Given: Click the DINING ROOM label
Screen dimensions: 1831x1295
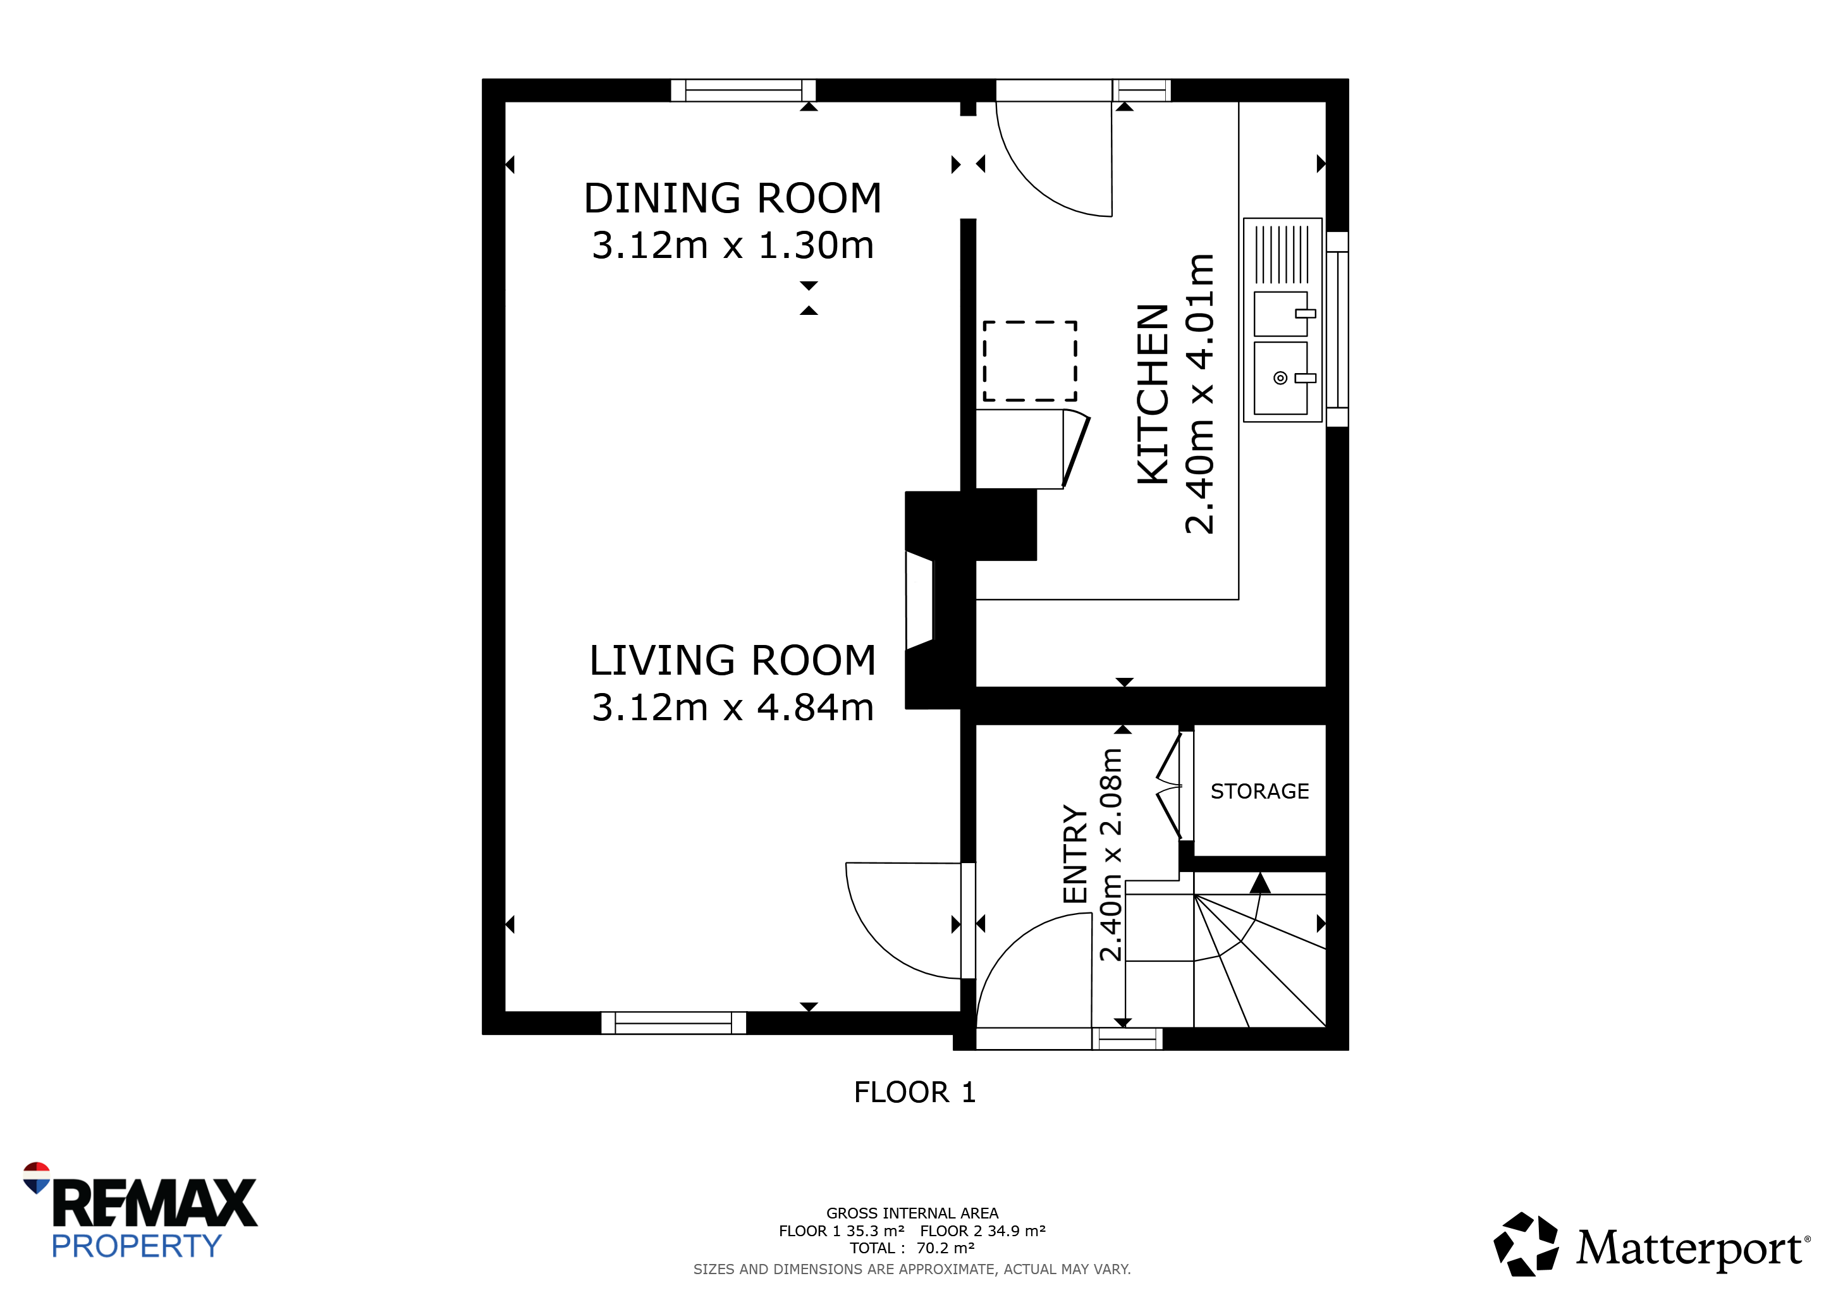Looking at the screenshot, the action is (733, 199).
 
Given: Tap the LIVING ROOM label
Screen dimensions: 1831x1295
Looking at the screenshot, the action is (733, 661).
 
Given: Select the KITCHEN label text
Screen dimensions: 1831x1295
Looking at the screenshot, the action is (1153, 394).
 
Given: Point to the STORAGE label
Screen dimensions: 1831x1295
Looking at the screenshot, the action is (1259, 791).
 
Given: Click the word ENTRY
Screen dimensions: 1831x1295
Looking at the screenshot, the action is (1075, 854).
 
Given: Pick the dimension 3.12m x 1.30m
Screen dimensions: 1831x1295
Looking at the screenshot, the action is (733, 245).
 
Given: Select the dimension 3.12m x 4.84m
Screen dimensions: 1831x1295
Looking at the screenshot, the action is (733, 708).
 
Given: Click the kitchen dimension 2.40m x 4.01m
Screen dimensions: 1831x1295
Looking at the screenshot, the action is (1200, 394).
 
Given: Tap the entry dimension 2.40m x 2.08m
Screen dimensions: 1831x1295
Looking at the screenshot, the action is (1111, 855).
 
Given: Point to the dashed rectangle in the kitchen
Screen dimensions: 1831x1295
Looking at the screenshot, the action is (1029, 361).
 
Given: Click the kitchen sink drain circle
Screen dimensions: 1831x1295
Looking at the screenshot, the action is (1280, 378).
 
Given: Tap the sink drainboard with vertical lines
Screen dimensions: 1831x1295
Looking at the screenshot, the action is (1282, 254).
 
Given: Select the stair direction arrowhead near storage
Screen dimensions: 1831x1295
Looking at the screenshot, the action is (1260, 883).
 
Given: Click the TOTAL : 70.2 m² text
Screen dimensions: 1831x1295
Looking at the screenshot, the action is (912, 1249).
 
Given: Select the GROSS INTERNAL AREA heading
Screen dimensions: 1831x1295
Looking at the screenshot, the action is (912, 1213).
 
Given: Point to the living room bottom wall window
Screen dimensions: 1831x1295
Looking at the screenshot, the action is (673, 1023).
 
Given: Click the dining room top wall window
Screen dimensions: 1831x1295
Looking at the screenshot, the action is (744, 90).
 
